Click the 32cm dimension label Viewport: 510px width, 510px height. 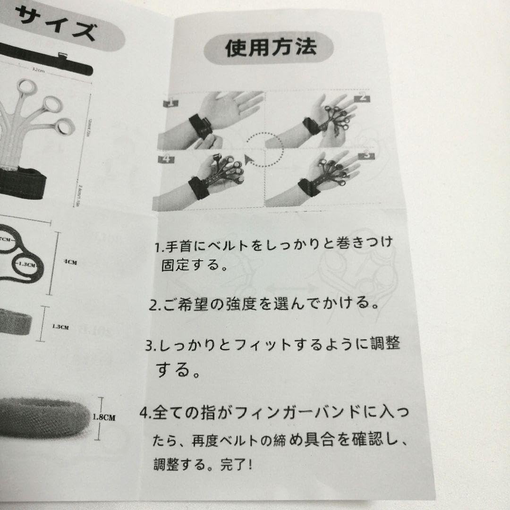[x=38, y=69]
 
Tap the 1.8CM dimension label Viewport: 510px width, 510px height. [x=104, y=417]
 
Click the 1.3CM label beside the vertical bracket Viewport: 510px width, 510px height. [x=61, y=327]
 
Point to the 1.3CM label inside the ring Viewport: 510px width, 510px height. [x=27, y=265]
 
